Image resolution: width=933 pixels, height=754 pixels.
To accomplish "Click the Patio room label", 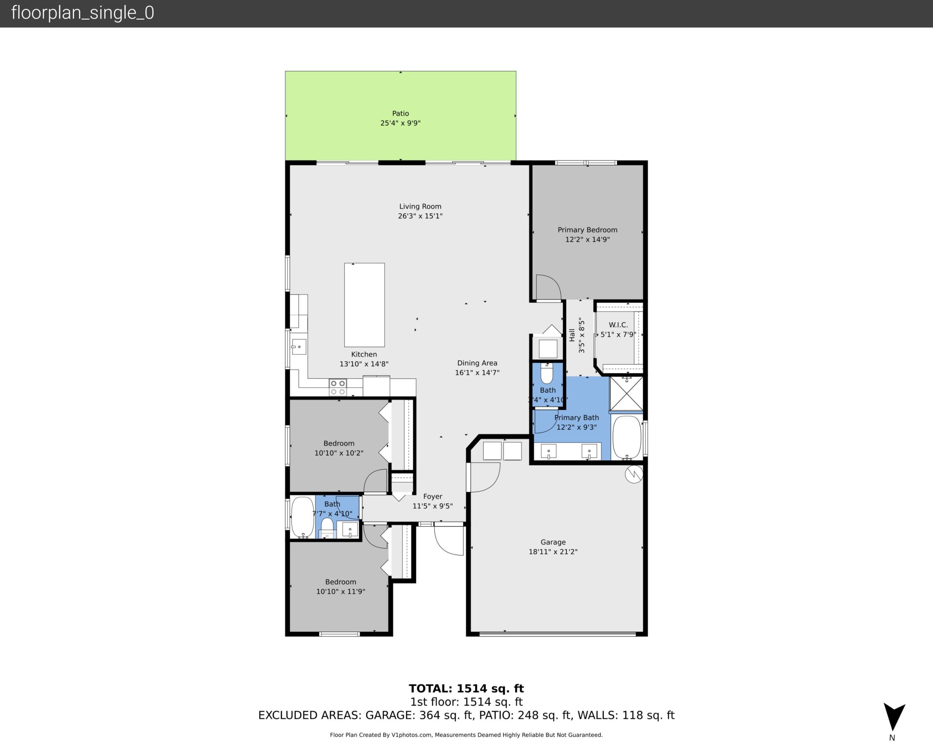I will [x=400, y=113].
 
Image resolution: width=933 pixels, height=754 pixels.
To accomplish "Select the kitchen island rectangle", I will [x=364, y=304].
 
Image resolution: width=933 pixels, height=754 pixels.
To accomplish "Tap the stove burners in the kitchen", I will [x=338, y=387].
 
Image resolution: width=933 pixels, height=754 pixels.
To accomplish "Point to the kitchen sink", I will [x=299, y=347].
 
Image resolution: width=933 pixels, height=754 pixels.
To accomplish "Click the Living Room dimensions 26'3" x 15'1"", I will [x=420, y=216].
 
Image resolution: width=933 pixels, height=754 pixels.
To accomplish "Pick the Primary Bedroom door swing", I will [x=548, y=288].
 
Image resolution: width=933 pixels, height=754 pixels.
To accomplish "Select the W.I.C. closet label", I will [x=618, y=325].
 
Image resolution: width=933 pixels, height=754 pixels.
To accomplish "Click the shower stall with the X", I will [x=626, y=393].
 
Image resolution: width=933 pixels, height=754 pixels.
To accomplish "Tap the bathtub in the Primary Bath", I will [x=626, y=437].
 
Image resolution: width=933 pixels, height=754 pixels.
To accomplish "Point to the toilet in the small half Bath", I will [x=546, y=374].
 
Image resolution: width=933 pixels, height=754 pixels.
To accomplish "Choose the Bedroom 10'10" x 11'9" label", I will [x=340, y=586].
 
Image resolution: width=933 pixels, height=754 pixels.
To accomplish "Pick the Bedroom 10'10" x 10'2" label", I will [x=339, y=448].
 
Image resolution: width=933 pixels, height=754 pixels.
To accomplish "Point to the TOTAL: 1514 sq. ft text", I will [x=466, y=688].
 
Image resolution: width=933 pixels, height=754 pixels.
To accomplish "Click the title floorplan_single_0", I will [x=82, y=13].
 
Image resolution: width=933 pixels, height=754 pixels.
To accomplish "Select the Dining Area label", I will [x=477, y=363].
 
